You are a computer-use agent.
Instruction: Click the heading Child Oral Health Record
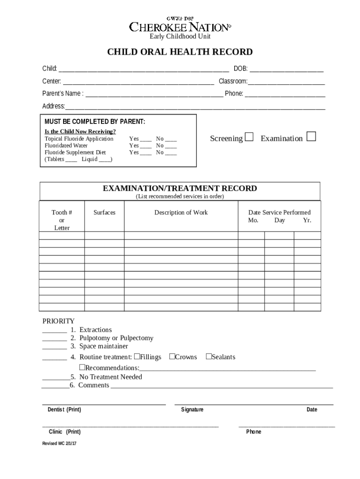[180, 52]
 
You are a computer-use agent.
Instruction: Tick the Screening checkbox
[249, 137]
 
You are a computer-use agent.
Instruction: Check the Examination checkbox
[311, 137]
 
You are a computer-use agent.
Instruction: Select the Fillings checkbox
[137, 356]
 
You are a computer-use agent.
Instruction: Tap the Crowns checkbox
[172, 356]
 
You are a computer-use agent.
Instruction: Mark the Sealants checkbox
[209, 356]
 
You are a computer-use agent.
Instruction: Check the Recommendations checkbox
[82, 367]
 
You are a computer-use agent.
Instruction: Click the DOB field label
[240, 69]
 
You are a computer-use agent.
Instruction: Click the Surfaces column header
[104, 212]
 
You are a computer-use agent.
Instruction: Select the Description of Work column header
[181, 212]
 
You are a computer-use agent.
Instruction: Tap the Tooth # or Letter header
[62, 220]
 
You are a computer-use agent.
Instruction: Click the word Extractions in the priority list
[95, 330]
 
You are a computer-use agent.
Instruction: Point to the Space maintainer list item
[103, 346]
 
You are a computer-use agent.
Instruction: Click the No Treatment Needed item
[110, 377]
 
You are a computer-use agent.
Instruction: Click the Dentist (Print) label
[64, 410]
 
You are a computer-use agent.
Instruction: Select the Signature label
[192, 410]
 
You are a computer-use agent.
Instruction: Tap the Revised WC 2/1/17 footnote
[59, 443]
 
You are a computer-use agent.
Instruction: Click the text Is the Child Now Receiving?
[80, 131]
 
